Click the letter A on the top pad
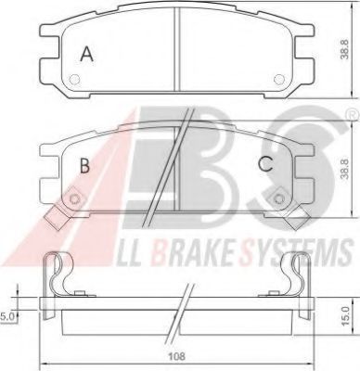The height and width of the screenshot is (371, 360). (x=86, y=54)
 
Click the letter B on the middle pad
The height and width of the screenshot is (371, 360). (x=84, y=165)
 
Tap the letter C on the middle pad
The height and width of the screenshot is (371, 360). (x=265, y=164)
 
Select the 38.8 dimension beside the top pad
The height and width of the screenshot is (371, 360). (x=345, y=49)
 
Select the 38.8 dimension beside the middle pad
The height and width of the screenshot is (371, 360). (x=345, y=169)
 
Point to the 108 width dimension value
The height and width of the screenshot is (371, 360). (x=177, y=356)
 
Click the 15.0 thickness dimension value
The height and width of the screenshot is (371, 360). (x=345, y=315)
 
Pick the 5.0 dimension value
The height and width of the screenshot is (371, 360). (x=6, y=316)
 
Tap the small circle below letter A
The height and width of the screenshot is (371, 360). (x=74, y=80)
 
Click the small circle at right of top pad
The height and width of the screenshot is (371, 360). (x=279, y=80)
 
